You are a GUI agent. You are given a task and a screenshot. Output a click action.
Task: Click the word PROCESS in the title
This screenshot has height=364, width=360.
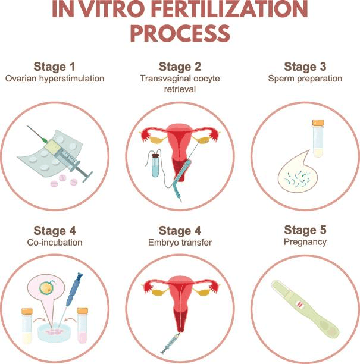click(x=180, y=33)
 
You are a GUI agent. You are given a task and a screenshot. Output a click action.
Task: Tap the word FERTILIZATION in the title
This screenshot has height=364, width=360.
click(x=231, y=10)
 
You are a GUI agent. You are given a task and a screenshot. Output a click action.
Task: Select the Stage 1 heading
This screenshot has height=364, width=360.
click(x=55, y=67)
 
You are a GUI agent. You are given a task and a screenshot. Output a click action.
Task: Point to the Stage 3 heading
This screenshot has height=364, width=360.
click(x=305, y=67)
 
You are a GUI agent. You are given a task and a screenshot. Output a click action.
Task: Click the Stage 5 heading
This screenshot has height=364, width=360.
click(x=305, y=230)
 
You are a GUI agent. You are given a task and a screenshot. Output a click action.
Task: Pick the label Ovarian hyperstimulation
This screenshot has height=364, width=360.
click(x=55, y=79)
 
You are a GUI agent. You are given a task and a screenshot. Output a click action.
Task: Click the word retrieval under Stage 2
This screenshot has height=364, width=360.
click(x=180, y=89)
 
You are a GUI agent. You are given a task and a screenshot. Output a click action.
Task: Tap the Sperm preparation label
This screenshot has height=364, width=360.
click(x=305, y=79)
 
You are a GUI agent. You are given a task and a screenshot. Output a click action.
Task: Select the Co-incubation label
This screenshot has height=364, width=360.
click(x=55, y=242)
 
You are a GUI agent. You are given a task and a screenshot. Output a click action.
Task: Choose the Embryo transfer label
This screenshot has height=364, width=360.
click(x=180, y=242)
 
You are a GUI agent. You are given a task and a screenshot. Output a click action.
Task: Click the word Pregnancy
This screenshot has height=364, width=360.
click(x=305, y=242)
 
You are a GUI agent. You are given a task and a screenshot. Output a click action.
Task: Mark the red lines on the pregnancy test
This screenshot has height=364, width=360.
click(x=299, y=304)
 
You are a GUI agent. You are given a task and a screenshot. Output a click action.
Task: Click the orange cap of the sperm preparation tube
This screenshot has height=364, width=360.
click(x=318, y=123)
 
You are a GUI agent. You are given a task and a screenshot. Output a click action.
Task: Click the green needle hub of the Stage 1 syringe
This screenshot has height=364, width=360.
click(x=44, y=140)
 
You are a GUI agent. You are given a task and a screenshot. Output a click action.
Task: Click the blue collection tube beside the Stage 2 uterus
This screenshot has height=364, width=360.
click(x=155, y=165)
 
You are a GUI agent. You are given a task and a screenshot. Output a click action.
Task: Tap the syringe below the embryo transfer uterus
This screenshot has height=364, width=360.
click(x=170, y=344)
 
